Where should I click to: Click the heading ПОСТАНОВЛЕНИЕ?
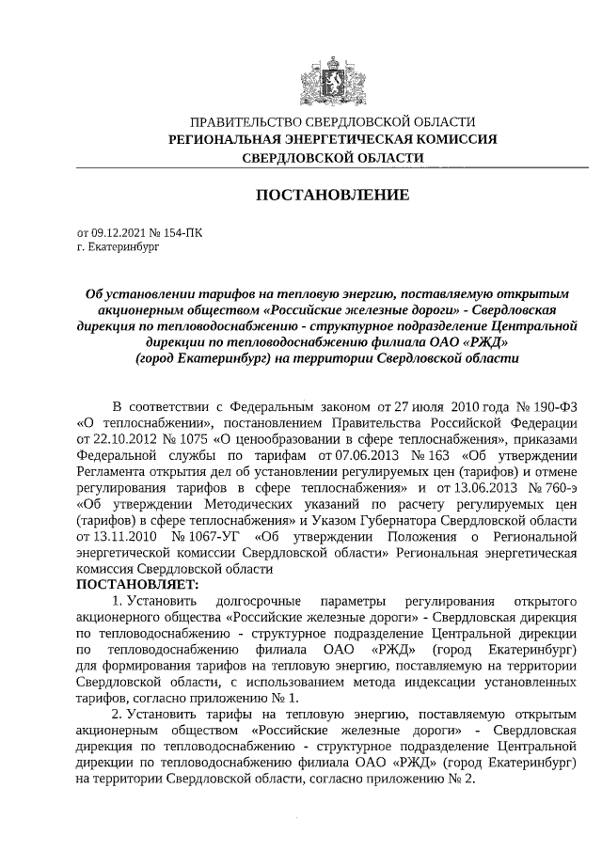coord(333,196)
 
